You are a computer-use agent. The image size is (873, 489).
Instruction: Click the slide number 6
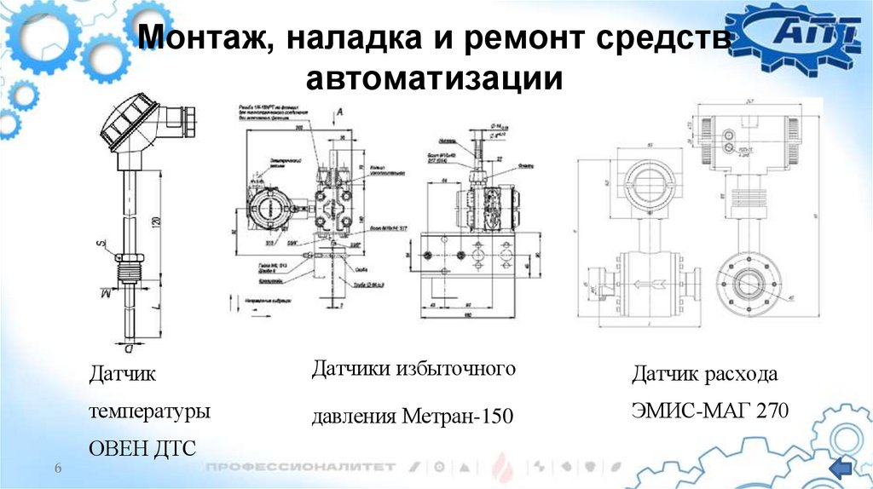(x=59, y=469)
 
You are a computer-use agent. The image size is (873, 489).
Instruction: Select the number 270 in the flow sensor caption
(x=770, y=411)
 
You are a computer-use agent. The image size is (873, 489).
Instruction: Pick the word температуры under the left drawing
(x=150, y=411)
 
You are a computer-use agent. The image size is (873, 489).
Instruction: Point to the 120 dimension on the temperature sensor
(x=156, y=222)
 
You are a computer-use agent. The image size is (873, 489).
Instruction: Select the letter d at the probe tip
(x=128, y=348)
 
